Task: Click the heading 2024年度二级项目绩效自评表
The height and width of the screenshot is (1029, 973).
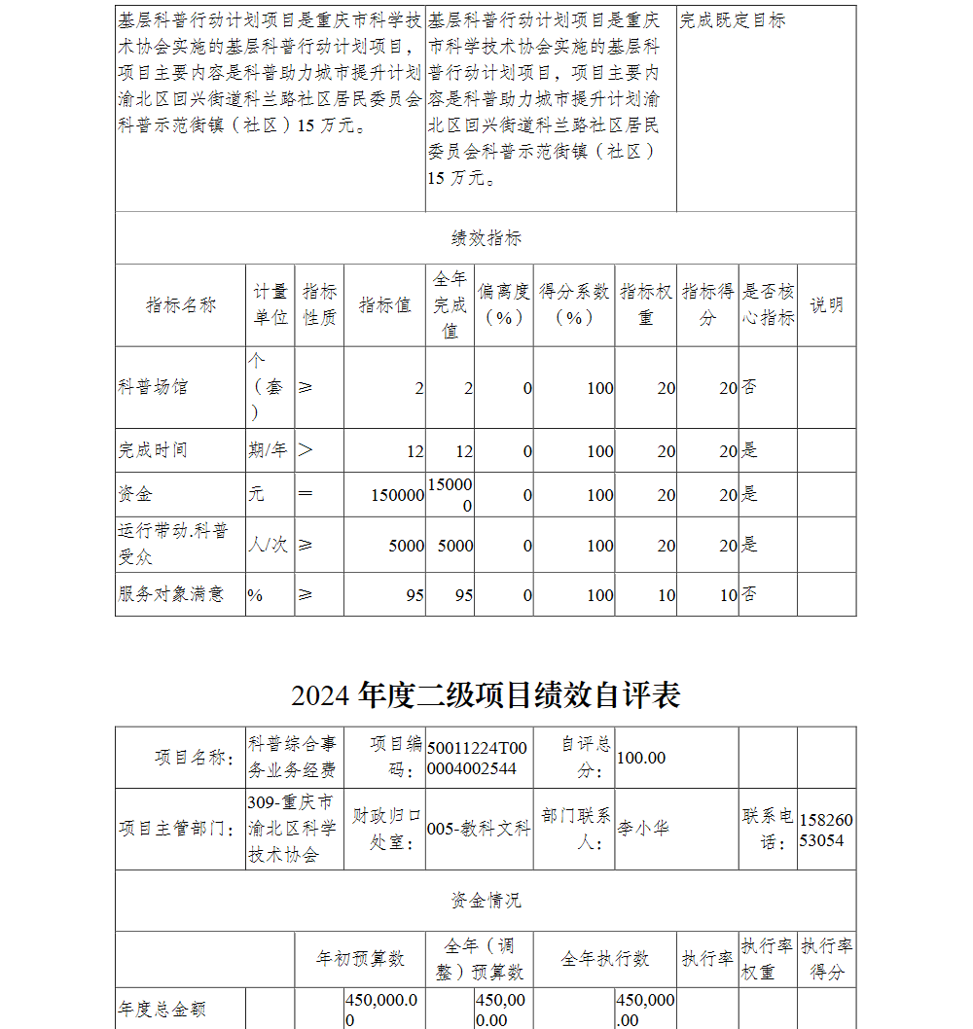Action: pyautogui.click(x=486, y=694)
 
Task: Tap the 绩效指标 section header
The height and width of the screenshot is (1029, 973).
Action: pyautogui.click(x=486, y=238)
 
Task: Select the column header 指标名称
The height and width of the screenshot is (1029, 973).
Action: pyautogui.click(x=180, y=305)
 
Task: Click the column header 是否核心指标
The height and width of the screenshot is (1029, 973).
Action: pyautogui.click(x=768, y=305)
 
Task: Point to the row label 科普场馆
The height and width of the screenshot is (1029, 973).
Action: pyautogui.click(x=153, y=387)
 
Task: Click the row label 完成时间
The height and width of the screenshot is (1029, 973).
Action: pyautogui.click(x=153, y=450)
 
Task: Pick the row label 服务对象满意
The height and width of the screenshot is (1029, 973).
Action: pyautogui.click(x=170, y=594)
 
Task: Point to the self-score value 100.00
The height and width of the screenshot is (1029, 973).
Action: pyautogui.click(x=641, y=758)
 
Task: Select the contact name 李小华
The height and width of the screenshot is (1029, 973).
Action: pyautogui.click(x=643, y=829)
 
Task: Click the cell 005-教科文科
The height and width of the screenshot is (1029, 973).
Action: pyautogui.click(x=479, y=829)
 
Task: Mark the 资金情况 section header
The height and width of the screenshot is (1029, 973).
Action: pyautogui.click(x=486, y=901)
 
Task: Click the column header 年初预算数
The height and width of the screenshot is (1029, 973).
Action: pyautogui.click(x=360, y=959)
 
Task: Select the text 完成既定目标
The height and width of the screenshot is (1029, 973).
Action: pyautogui.click(x=732, y=20)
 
